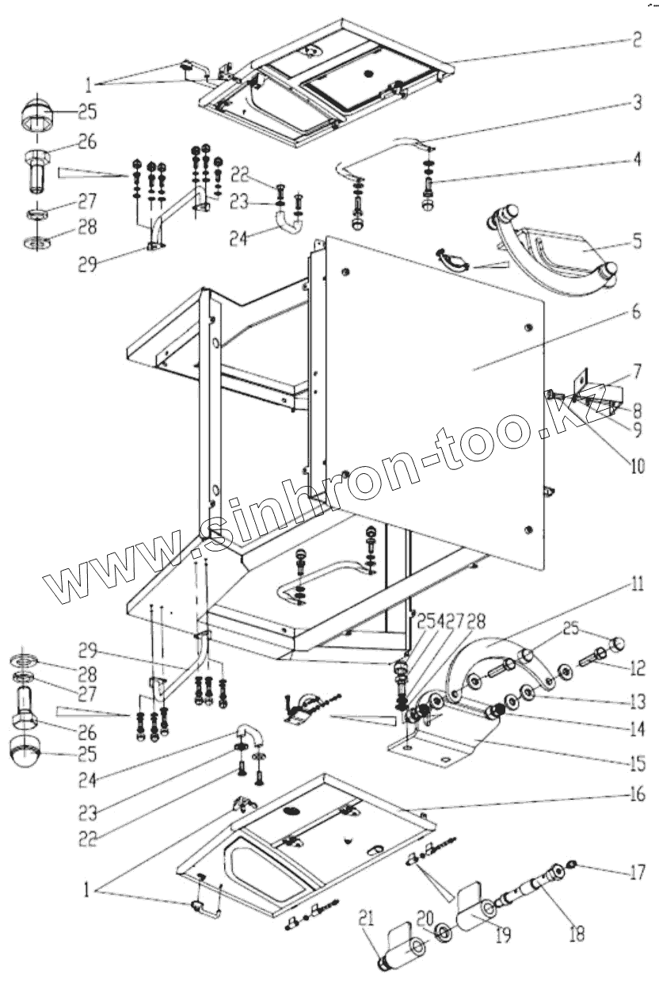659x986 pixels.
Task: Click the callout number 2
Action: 636,40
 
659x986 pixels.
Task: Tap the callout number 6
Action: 636,311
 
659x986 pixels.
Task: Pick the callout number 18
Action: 576,934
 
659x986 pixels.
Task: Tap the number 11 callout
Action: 636,587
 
